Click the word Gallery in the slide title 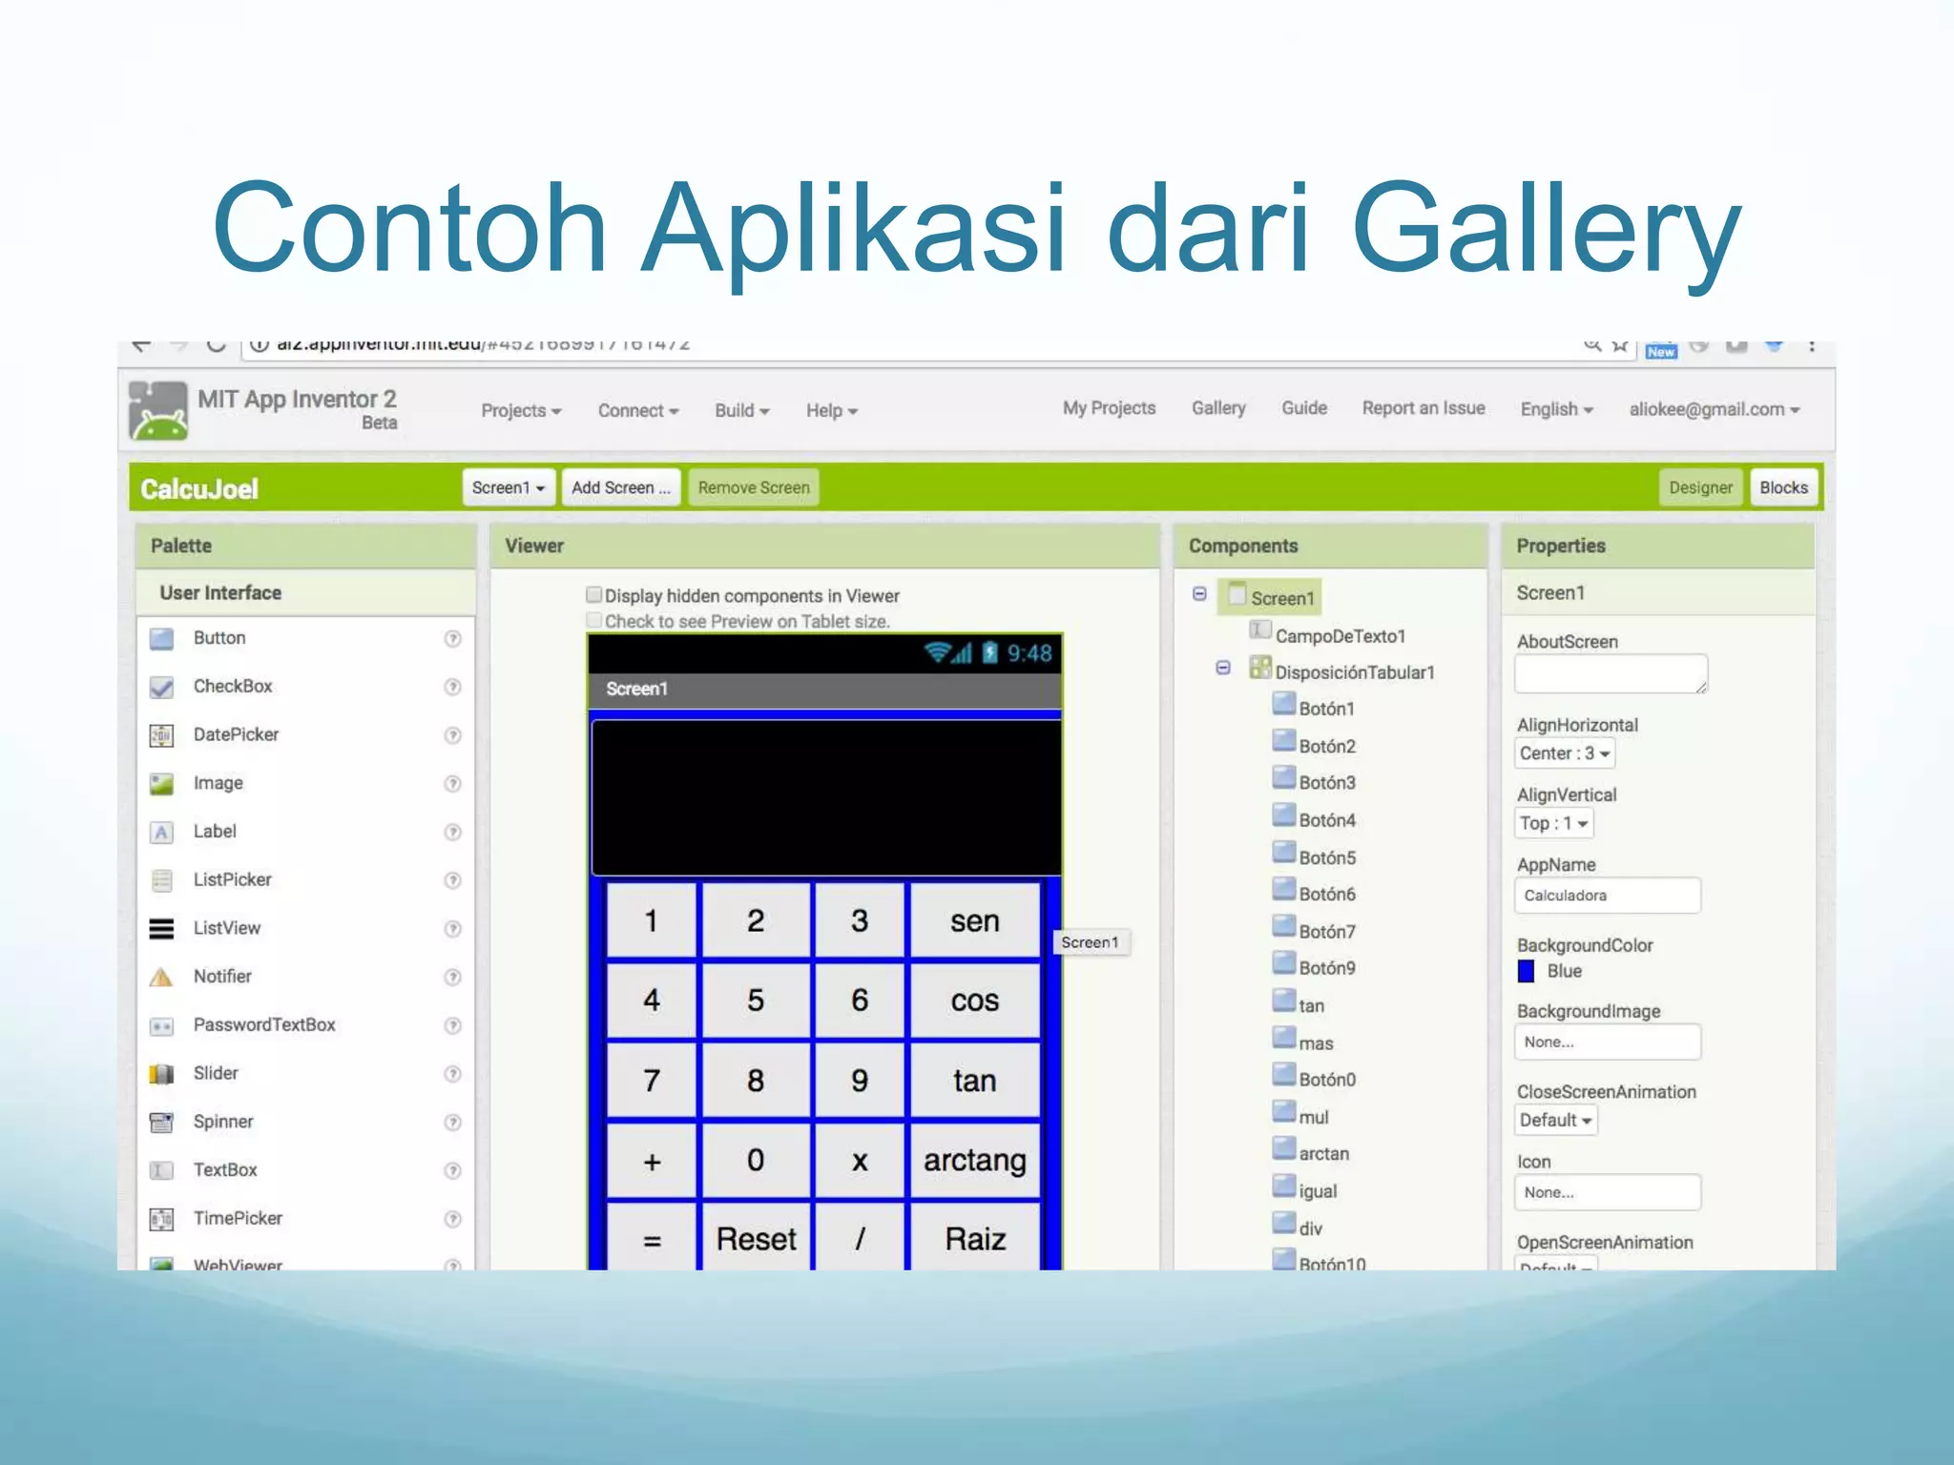[x=1546, y=229]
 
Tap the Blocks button [x=1783, y=487]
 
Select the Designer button [x=1700, y=487]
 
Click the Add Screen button [x=621, y=487]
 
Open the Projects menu [x=521, y=410]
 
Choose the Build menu [x=741, y=410]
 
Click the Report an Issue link [x=1423, y=408]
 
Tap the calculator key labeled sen [x=974, y=920]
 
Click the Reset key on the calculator [x=756, y=1238]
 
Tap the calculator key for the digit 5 [x=756, y=1000]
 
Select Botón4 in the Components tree [x=1326, y=820]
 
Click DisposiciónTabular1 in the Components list [x=1354, y=672]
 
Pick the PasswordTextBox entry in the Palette [x=264, y=1024]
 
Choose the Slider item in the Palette [x=216, y=1073]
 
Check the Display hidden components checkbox [x=594, y=595]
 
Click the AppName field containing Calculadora [x=1607, y=896]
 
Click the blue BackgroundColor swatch [x=1527, y=971]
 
